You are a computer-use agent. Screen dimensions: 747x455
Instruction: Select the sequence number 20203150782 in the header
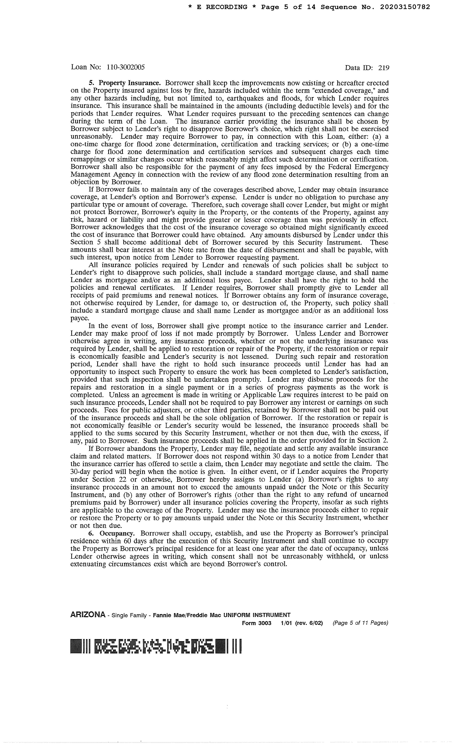coord(405,7)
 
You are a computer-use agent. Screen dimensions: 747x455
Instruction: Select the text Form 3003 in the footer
coord(256,623)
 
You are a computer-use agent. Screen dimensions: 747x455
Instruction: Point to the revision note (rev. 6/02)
coord(309,623)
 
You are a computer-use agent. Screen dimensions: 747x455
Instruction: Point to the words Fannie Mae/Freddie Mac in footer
coord(187,615)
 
